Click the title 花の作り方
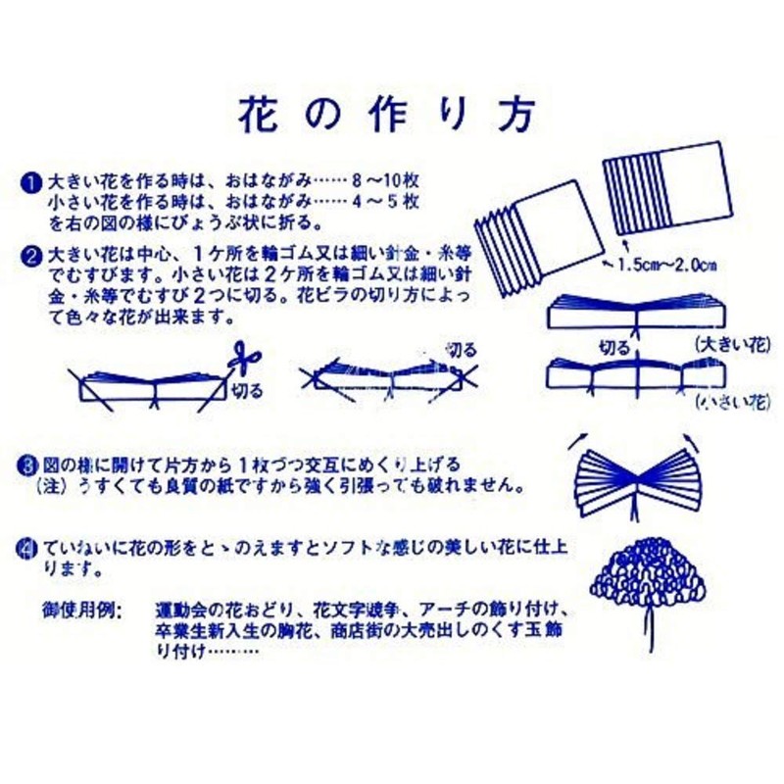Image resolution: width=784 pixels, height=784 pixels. [388, 116]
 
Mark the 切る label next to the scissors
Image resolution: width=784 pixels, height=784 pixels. [247, 391]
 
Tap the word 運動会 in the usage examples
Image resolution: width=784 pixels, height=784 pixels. [180, 610]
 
